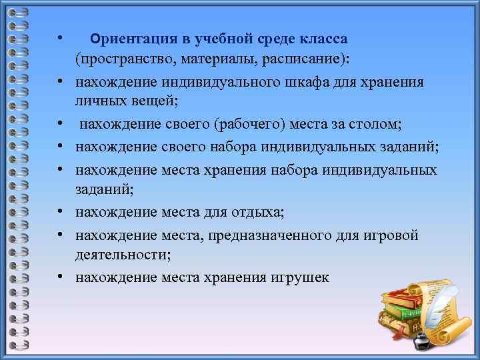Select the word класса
(x=323, y=39)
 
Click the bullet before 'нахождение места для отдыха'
(x=60, y=213)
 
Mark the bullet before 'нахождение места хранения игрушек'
(x=60, y=277)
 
